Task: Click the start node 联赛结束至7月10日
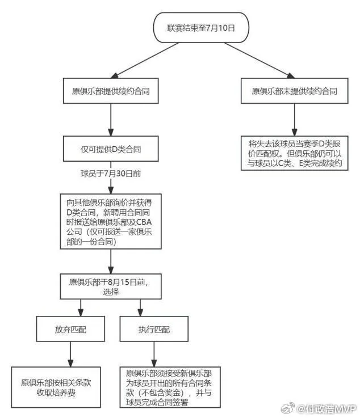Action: click(200, 27)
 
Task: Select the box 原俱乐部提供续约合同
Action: click(109, 90)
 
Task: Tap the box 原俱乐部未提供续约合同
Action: click(294, 90)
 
